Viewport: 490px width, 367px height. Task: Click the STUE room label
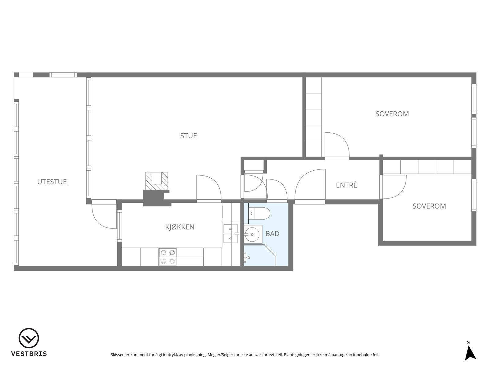pyautogui.click(x=188, y=136)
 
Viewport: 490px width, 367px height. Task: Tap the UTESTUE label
pyautogui.click(x=52, y=182)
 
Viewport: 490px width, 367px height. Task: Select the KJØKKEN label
pyautogui.click(x=180, y=227)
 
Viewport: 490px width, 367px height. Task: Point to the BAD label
pyautogui.click(x=272, y=234)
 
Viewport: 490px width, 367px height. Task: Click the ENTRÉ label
pyautogui.click(x=346, y=185)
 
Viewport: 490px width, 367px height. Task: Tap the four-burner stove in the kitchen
pyautogui.click(x=168, y=257)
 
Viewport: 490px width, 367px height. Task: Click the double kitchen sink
pyautogui.click(x=230, y=234)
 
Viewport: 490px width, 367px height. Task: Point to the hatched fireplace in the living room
pyautogui.click(x=156, y=181)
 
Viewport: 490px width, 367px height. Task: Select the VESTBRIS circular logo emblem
pyautogui.click(x=29, y=338)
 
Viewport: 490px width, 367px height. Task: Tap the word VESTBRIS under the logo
pyautogui.click(x=29, y=354)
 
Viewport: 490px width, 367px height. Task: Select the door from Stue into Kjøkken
pyautogui.click(x=209, y=189)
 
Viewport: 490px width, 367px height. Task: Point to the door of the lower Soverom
pyautogui.click(x=394, y=187)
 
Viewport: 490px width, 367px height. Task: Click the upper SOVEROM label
pyautogui.click(x=392, y=114)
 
